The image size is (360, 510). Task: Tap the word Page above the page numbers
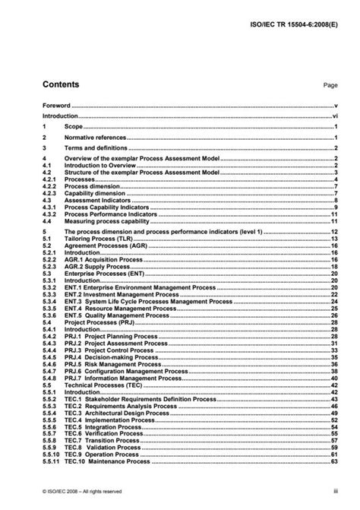coord(330,87)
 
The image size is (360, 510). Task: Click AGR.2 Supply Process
coord(101,266)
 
